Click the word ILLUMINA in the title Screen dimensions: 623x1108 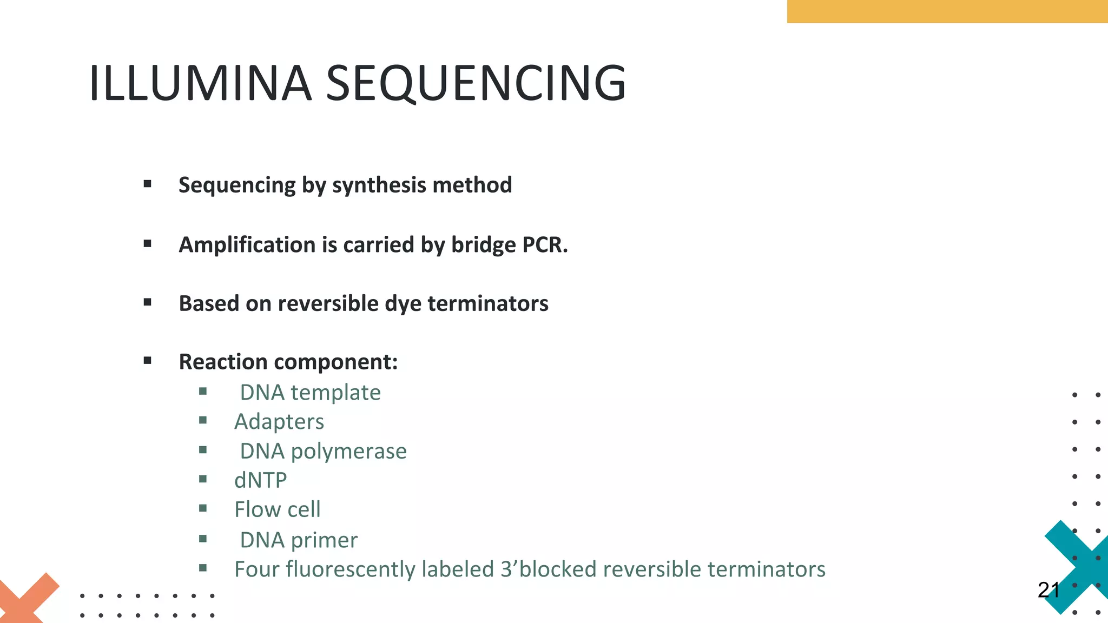[x=200, y=83]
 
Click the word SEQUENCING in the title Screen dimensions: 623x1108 [x=476, y=83]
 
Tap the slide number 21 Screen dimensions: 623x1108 [x=1048, y=590]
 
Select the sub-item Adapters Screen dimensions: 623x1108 [x=279, y=422]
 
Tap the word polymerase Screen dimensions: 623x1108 [x=348, y=452]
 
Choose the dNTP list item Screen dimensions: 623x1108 [x=261, y=480]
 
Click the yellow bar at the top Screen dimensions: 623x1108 [x=947, y=11]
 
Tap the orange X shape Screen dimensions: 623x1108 [x=27, y=600]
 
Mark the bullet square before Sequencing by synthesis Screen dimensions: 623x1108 [x=148, y=184]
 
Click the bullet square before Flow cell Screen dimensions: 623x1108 [x=203, y=508]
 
